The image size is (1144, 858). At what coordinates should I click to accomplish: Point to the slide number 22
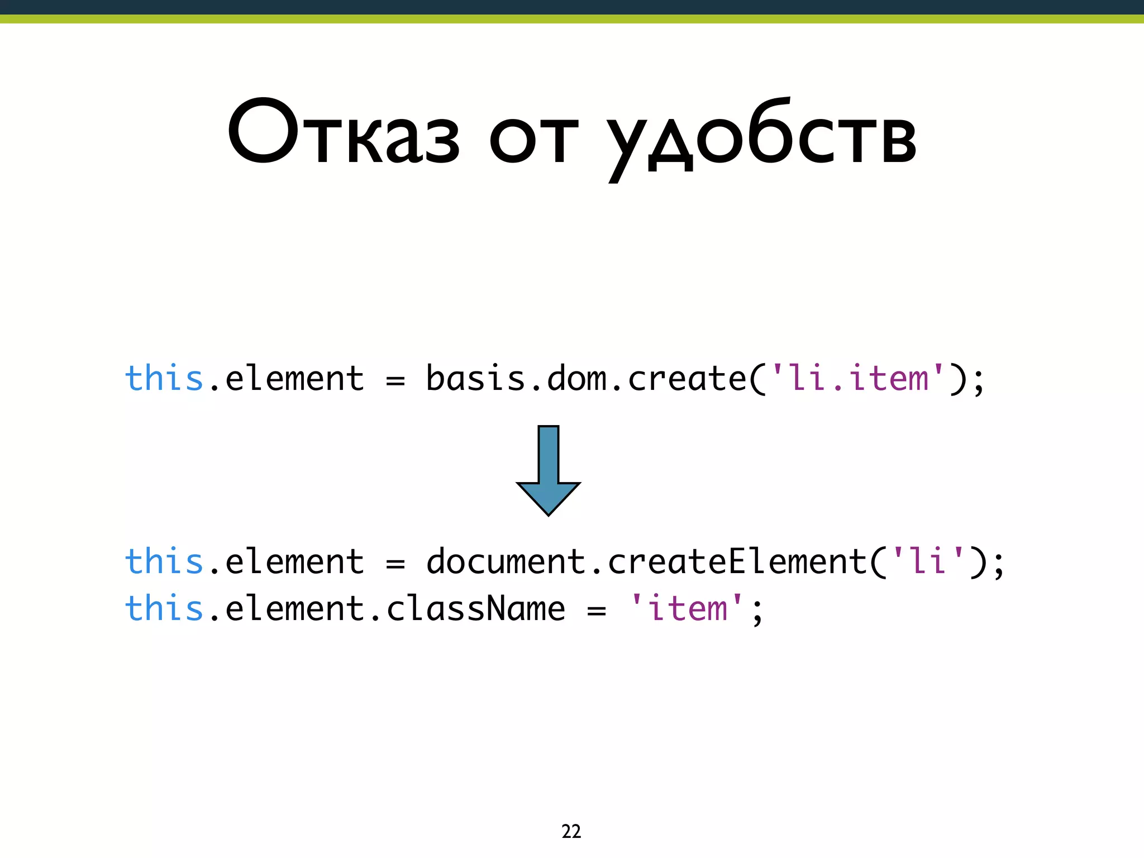[x=571, y=831]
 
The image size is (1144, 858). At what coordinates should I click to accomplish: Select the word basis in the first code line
[x=475, y=379]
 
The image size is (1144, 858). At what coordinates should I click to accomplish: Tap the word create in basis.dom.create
[x=687, y=379]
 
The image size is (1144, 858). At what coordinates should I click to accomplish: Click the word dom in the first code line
[x=576, y=379]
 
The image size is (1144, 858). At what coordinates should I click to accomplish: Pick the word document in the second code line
[x=506, y=561]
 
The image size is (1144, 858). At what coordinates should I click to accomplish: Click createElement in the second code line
[x=737, y=561]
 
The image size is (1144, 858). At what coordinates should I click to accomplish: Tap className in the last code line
[x=475, y=608]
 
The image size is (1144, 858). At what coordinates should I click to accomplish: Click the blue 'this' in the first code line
[x=164, y=379]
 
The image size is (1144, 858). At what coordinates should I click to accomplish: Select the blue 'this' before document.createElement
[x=164, y=561]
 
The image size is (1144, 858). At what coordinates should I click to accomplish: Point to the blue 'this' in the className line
[x=164, y=608]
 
